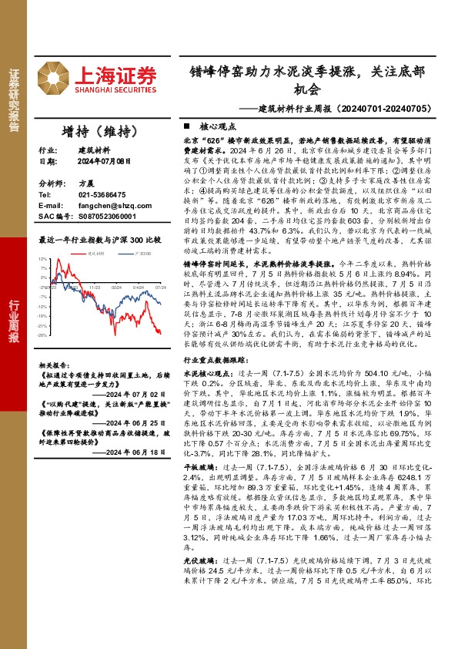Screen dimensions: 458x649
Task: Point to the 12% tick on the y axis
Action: (x=42, y=259)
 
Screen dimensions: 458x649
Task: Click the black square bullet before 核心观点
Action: (x=187, y=125)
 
